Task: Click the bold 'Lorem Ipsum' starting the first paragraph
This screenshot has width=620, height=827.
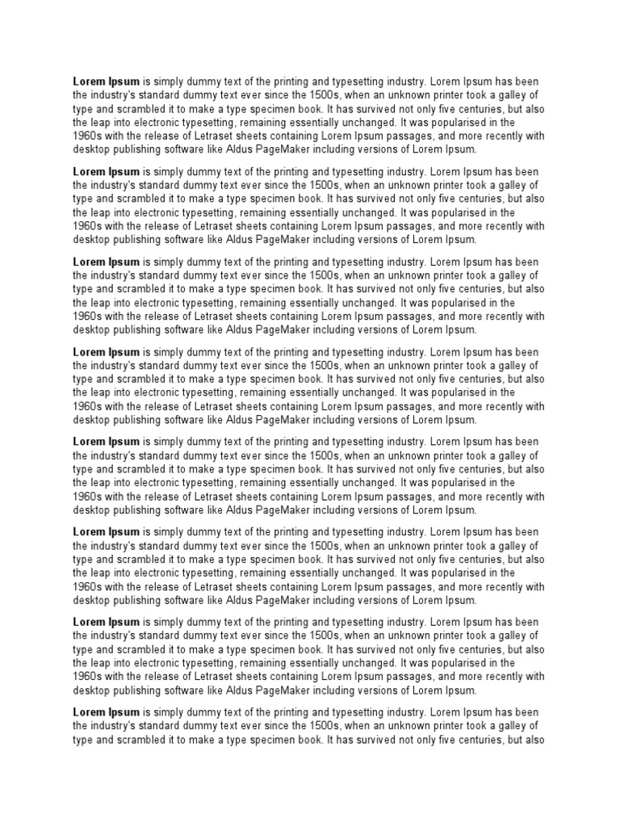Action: click(107, 82)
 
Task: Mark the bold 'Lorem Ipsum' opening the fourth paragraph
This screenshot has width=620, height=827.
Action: click(107, 352)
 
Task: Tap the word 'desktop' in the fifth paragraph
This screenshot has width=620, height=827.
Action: click(90, 510)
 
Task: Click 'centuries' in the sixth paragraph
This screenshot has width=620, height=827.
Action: click(477, 560)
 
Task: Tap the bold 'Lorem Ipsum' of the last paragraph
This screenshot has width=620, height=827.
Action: click(107, 712)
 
